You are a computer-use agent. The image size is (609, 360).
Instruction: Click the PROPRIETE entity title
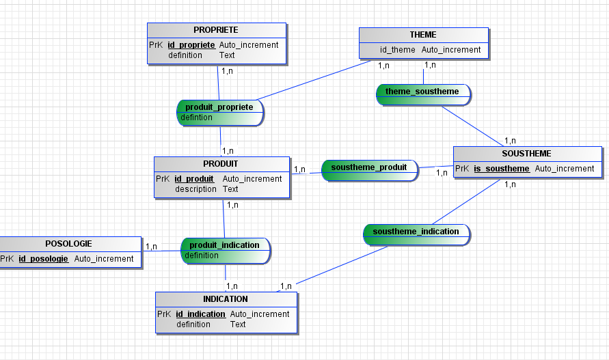[216, 30]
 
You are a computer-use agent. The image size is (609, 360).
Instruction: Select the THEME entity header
[423, 35]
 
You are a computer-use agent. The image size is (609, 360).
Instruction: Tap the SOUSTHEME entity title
[526, 154]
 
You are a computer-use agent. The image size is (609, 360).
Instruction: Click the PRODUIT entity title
[221, 164]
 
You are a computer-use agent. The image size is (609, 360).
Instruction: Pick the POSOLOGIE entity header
[68, 244]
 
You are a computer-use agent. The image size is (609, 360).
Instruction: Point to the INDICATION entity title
[226, 299]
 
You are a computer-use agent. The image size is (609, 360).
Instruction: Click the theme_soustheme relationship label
[422, 92]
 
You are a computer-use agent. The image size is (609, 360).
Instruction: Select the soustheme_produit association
[369, 167]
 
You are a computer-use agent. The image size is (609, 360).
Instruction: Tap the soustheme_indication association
[416, 232]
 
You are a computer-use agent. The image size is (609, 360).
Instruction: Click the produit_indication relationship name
[224, 245]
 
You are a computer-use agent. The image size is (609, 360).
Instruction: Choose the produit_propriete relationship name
[219, 107]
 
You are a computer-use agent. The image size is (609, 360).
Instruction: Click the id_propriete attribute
[191, 45]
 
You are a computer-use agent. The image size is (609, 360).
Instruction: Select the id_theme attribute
[398, 50]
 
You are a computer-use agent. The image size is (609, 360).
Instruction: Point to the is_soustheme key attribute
[502, 169]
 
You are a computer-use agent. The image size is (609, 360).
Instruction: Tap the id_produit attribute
[194, 179]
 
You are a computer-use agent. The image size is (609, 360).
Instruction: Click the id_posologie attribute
[43, 259]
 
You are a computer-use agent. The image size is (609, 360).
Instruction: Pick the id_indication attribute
[200, 314]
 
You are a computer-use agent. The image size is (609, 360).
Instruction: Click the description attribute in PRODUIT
[195, 189]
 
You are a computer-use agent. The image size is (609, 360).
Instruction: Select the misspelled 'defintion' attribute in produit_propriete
[196, 117]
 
